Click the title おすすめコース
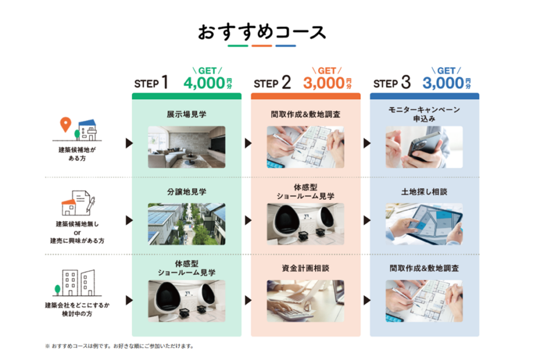pyautogui.click(x=262, y=32)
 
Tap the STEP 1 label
pyautogui.click(x=151, y=83)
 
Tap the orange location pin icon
pyautogui.click(x=66, y=125)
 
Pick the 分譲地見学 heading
pyautogui.click(x=186, y=192)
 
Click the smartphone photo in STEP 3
pyautogui.click(x=424, y=147)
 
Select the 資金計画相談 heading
pyautogui.click(x=305, y=268)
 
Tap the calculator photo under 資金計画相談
pyautogui.click(x=305, y=300)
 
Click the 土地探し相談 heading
pyautogui.click(x=424, y=192)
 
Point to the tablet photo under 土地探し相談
pyautogui.click(x=424, y=224)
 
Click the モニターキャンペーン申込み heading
pyautogui.click(x=424, y=114)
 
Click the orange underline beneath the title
pyautogui.click(x=262, y=46)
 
